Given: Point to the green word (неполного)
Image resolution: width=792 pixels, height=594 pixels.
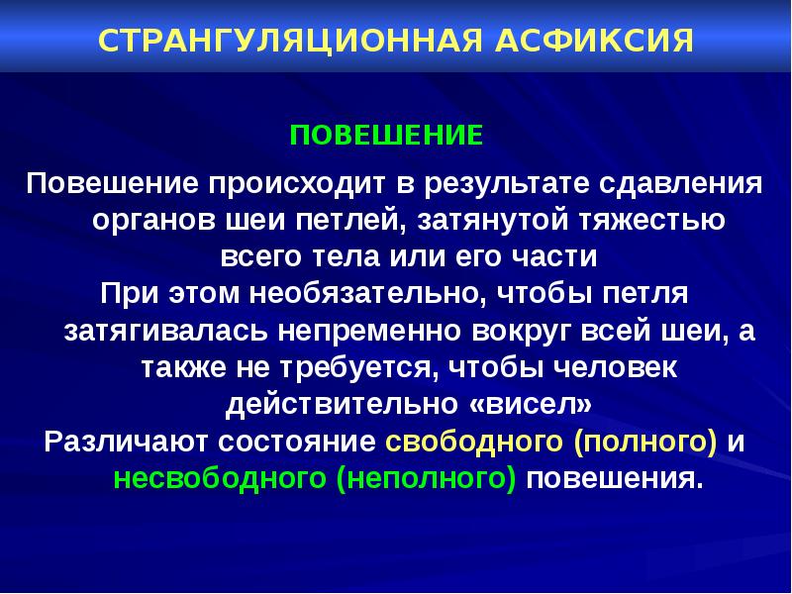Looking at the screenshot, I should point(426,477).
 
